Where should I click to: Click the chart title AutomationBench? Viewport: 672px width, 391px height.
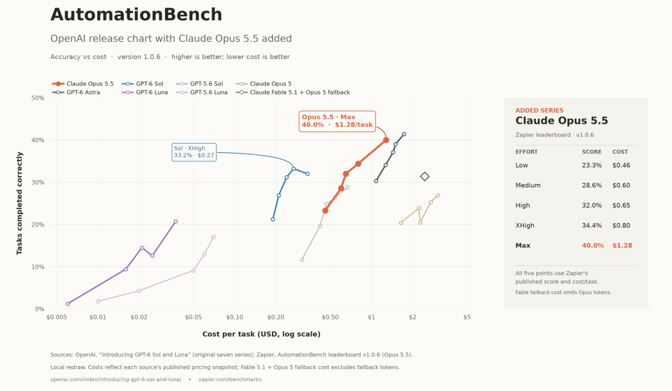point(136,14)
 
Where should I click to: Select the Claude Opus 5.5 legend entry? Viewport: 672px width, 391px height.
point(83,83)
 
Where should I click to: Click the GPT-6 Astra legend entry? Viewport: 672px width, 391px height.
point(77,92)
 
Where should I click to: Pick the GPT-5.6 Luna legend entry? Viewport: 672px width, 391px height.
point(202,92)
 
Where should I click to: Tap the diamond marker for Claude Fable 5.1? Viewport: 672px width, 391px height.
point(424,177)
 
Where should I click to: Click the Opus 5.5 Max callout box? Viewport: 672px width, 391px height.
point(337,121)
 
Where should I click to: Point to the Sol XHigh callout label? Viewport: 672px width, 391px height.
point(194,152)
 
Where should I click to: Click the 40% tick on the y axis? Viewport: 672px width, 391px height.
point(38,140)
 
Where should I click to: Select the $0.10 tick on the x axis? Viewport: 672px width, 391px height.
point(235,318)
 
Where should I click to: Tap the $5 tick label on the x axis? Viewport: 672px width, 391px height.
point(467,318)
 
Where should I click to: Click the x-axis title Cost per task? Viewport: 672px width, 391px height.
point(261,334)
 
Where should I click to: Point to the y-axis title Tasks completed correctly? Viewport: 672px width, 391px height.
point(19,203)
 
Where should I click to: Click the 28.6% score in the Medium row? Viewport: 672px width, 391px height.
point(592,185)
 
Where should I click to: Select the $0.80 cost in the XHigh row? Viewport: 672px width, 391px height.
point(621,225)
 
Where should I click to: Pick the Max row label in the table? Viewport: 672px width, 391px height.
point(523,246)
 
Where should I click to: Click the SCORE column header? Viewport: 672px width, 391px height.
point(592,152)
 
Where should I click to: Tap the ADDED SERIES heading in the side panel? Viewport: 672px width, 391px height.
point(539,111)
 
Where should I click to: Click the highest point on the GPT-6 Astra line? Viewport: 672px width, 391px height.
point(404,134)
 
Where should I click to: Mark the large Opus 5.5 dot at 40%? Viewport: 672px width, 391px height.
point(386,140)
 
